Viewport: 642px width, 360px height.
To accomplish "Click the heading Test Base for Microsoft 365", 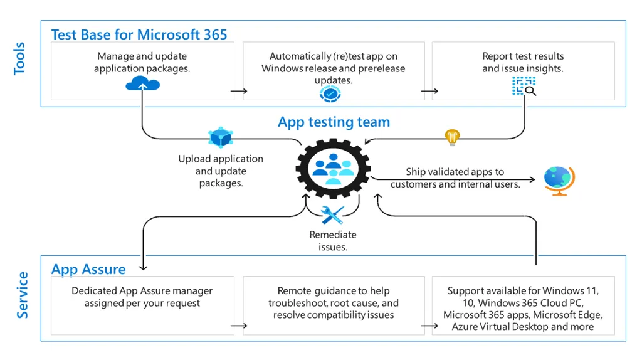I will [139, 34].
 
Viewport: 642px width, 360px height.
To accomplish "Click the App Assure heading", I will [88, 269].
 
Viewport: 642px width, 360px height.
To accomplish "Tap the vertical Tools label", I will [20, 59].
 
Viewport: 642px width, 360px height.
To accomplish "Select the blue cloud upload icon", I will [142, 83].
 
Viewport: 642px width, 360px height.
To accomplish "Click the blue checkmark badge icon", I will [330, 94].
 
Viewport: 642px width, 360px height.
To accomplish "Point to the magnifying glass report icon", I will [524, 87].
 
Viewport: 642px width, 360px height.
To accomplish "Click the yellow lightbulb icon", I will [452, 137].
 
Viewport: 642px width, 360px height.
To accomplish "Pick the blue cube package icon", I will [221, 137].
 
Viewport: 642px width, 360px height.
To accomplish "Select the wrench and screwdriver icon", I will [332, 215].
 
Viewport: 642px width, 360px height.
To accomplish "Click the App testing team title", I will [334, 122].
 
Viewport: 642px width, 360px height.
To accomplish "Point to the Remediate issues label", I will [333, 241].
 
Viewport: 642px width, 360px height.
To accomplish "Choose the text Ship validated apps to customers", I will [455, 178].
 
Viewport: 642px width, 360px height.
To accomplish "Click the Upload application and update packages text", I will [221, 171].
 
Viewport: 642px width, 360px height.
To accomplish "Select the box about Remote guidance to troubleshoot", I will [334, 305].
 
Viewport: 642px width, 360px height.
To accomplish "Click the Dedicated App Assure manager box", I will [142, 305].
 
